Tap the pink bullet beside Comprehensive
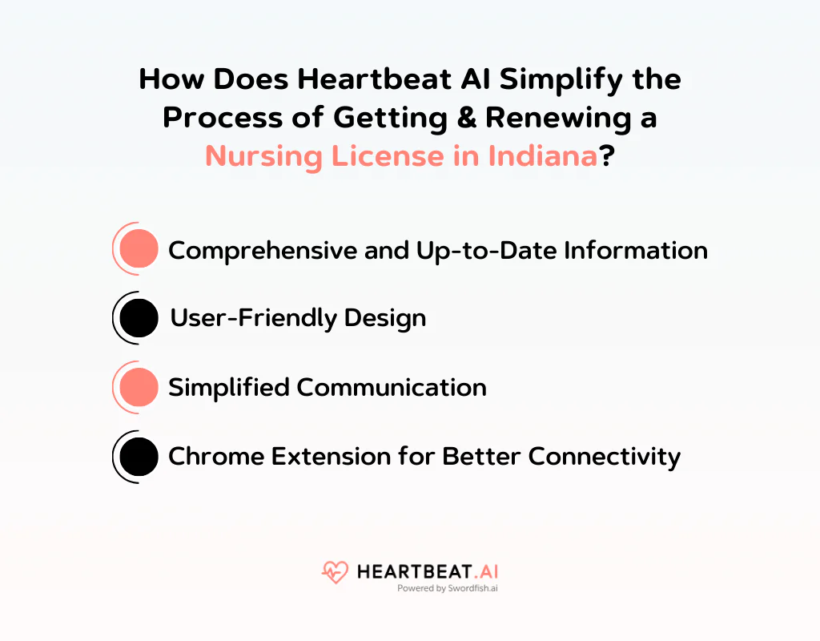pos(139,249)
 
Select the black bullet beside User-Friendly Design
pos(139,318)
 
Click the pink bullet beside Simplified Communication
pos(139,387)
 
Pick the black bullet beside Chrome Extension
pos(139,456)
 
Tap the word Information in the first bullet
pos(636,250)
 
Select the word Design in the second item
pos(385,319)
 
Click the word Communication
pos(392,388)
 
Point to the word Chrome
pos(215,457)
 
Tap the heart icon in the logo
pos(335,572)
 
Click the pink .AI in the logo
pos(484,572)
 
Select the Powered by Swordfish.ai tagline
pos(448,588)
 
